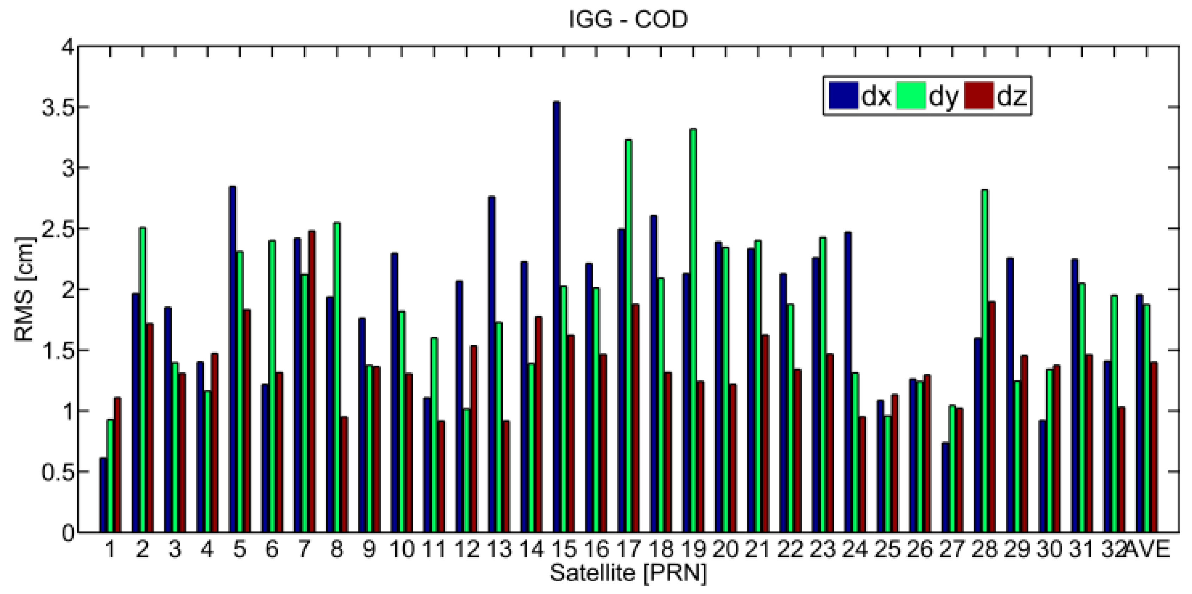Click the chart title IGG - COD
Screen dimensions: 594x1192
point(628,19)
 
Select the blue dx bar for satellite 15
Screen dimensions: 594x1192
point(556,317)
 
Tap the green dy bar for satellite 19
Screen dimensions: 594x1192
point(693,331)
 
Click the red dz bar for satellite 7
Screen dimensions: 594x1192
point(312,382)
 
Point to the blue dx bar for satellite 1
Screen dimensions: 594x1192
point(103,495)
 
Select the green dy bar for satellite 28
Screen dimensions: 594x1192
point(984,361)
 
